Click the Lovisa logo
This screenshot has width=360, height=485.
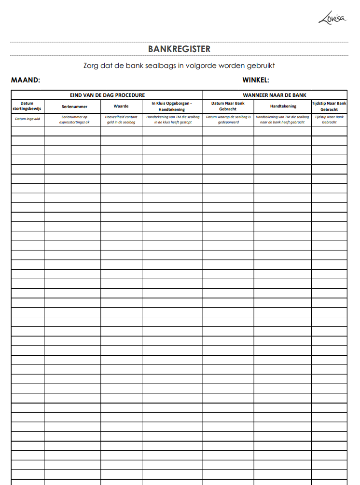coord(332,19)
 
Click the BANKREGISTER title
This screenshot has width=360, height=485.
coord(179,49)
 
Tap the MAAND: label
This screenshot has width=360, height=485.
coord(25,80)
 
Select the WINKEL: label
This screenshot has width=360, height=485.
coord(256,80)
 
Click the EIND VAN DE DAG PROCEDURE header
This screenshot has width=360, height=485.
coord(107,95)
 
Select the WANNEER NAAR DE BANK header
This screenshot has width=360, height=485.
coord(275,95)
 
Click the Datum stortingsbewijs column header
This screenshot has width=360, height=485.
coord(28,106)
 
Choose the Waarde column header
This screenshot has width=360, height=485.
coord(121,106)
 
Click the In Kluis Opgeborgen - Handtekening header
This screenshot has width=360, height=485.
coord(172,106)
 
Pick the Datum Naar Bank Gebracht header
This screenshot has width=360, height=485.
coord(228,106)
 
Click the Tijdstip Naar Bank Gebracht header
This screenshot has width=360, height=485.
coord(329,106)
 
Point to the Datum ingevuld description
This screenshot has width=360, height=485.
coord(28,119)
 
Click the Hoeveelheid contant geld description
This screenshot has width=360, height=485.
coord(121,120)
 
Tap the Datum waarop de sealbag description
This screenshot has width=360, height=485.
coord(228,120)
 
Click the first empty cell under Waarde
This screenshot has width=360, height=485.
coord(121,131)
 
